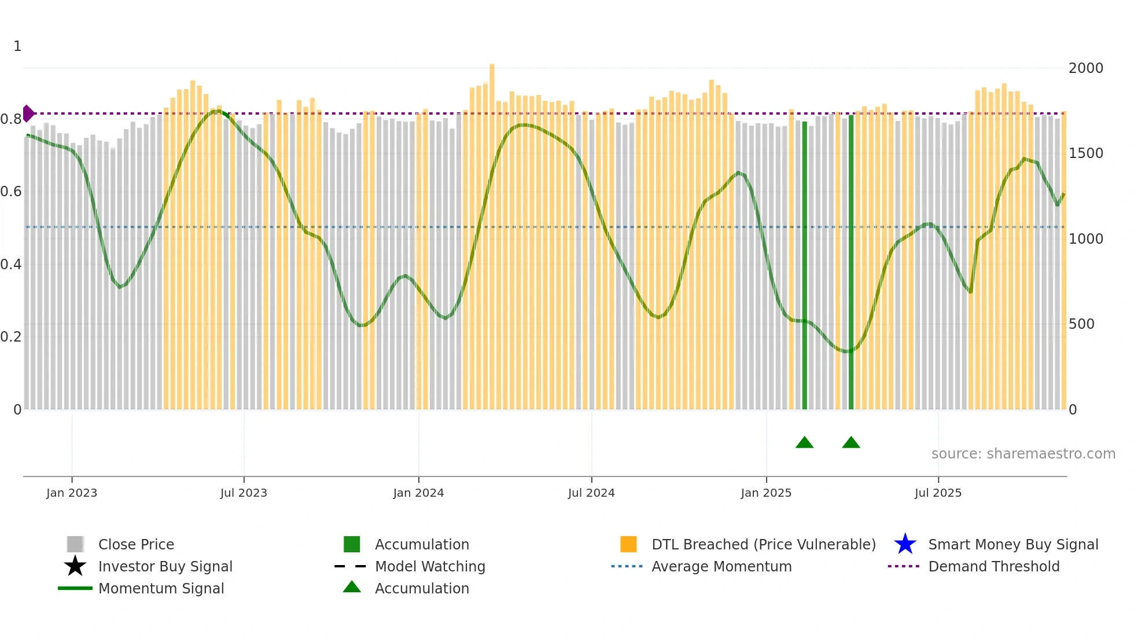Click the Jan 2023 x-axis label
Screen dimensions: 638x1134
tap(72, 493)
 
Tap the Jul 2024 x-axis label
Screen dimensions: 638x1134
tap(591, 493)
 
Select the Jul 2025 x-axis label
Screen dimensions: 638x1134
tap(938, 493)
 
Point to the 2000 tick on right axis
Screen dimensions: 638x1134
tap(1085, 68)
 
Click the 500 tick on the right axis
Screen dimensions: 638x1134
tap(1081, 324)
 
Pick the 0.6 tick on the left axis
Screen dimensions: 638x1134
tap(11, 192)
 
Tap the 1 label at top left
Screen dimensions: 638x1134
tap(17, 46)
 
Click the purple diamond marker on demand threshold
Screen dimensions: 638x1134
tap(28, 113)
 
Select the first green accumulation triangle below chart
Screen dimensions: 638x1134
tap(804, 443)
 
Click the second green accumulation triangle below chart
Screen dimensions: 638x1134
tap(851, 443)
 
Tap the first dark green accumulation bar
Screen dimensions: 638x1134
tap(804, 266)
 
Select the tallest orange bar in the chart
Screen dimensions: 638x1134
tap(492, 232)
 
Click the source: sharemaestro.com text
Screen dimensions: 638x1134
tap(1023, 454)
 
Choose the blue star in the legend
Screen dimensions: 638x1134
tap(905, 544)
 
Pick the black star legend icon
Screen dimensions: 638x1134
tap(75, 566)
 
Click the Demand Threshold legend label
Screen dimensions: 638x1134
tap(993, 566)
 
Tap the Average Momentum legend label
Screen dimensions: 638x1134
tap(721, 566)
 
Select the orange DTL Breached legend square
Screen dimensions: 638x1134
tap(628, 544)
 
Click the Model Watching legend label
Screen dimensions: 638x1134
tap(430, 566)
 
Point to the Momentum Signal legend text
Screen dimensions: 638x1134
tap(161, 588)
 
